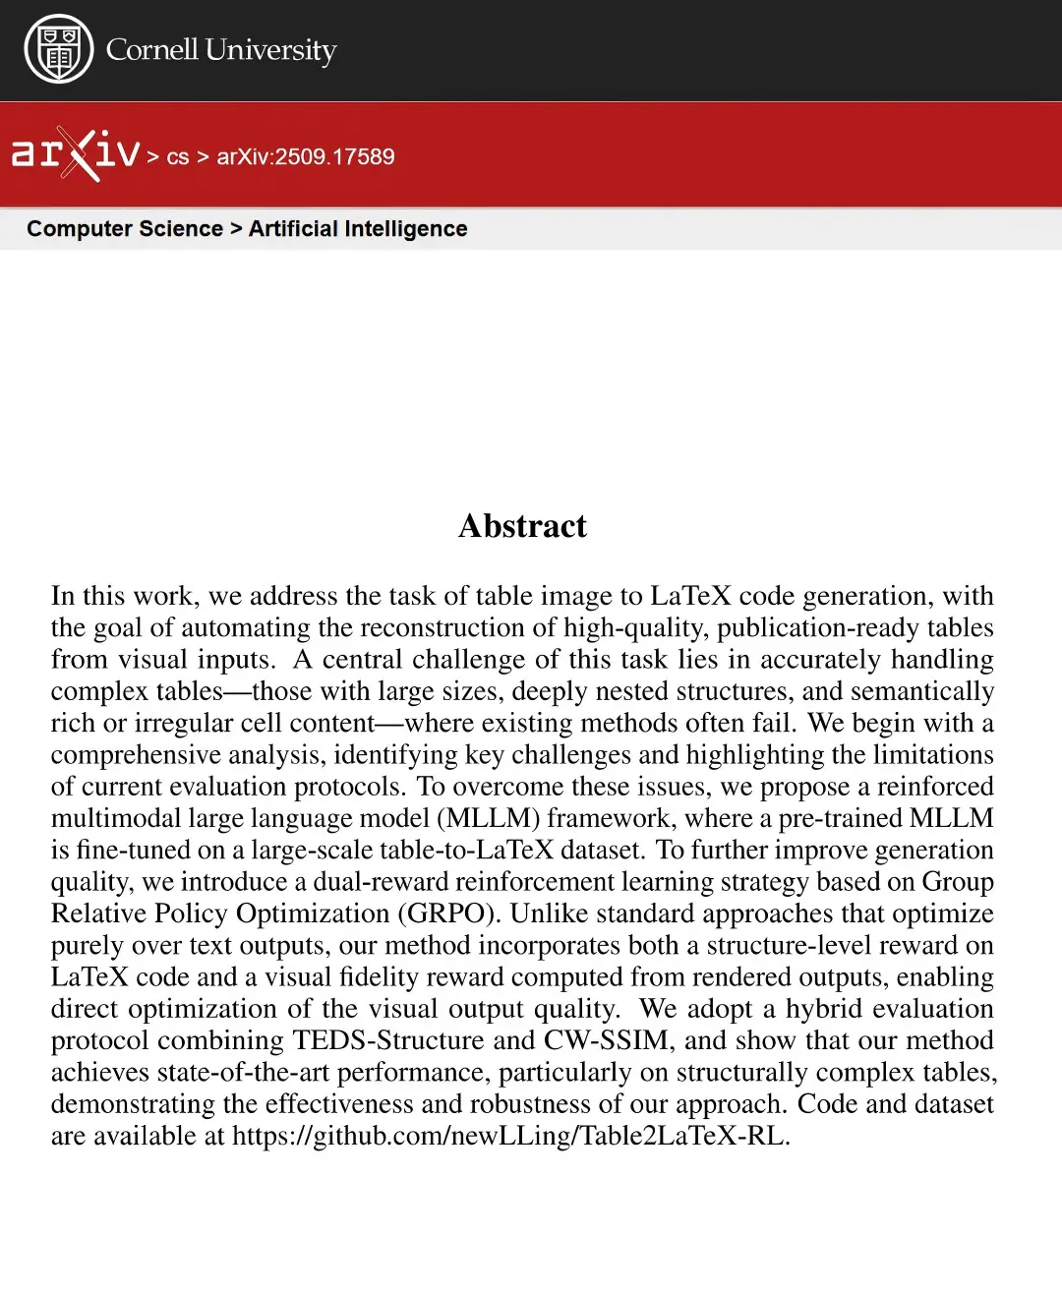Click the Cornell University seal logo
pos(59,49)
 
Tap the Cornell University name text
pos(221,49)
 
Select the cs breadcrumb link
pos(178,157)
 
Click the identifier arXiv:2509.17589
pos(306,157)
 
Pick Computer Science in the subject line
pos(125,229)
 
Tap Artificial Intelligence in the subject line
pos(358,229)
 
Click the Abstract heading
pos(522,526)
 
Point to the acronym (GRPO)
pos(449,913)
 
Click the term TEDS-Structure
pos(388,1040)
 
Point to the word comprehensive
pos(135,755)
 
